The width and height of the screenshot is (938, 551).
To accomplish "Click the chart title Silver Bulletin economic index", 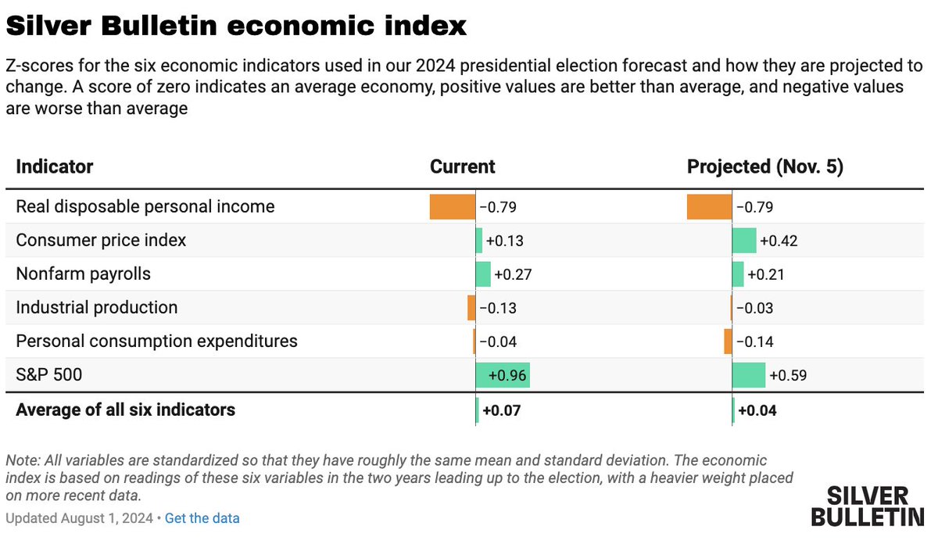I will coord(236,26).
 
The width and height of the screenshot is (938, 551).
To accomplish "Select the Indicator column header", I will coord(55,166).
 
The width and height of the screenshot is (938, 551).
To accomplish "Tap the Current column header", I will coord(462,166).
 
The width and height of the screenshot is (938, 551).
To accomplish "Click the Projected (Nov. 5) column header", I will coord(764,166).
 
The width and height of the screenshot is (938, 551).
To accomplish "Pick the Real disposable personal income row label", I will coord(145,206).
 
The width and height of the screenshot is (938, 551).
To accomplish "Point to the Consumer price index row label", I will coord(101,240).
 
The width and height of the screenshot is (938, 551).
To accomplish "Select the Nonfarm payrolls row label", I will coord(84,274).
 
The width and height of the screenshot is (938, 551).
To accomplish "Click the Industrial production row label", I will coord(97,307).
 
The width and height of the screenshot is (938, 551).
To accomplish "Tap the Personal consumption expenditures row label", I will coord(156,341).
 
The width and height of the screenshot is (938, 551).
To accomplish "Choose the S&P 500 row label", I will coord(49,375).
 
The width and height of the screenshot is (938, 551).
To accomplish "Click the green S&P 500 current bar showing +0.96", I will coord(503,375).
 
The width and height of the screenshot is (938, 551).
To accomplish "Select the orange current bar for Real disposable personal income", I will coord(453,206).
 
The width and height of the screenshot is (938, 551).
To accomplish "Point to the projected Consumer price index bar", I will coord(744,240).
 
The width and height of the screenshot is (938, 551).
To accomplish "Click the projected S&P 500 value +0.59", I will coord(788,376).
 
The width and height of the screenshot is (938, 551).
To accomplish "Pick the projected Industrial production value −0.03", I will coord(754,308).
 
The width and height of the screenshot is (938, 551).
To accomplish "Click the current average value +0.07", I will coord(501,410).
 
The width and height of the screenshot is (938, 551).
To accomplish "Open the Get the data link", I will coord(202,518).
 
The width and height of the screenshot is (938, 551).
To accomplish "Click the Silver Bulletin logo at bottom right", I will coord(867,506).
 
